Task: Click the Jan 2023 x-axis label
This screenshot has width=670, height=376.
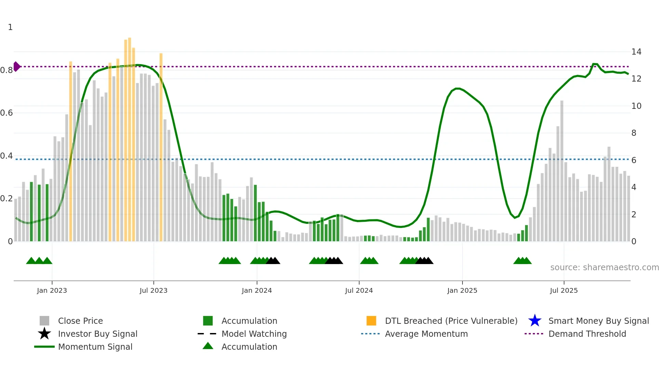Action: (x=52, y=290)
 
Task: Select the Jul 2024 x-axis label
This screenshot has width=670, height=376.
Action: (x=359, y=290)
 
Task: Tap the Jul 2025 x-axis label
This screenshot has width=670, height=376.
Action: (x=564, y=290)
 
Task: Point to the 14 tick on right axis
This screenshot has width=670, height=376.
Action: (x=636, y=52)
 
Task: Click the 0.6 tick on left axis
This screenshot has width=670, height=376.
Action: (x=6, y=113)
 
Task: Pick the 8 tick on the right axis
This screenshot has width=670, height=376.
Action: (x=634, y=133)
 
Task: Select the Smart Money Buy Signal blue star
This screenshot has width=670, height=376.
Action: (x=535, y=321)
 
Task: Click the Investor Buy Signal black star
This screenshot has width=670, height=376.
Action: (x=44, y=334)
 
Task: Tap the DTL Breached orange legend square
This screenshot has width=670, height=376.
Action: (x=371, y=321)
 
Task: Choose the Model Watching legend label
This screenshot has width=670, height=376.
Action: (x=254, y=334)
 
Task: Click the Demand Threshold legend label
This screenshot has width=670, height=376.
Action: (x=587, y=334)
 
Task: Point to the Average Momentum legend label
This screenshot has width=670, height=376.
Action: (x=426, y=334)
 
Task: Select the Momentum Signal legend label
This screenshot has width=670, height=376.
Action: (x=95, y=347)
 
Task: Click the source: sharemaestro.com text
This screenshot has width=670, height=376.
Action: (x=604, y=267)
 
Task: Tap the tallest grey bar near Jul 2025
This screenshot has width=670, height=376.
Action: (x=562, y=171)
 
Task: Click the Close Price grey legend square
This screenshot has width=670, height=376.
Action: (x=44, y=321)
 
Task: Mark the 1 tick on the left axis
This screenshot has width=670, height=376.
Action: (x=10, y=27)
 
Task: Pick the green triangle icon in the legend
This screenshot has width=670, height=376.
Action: (x=208, y=346)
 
